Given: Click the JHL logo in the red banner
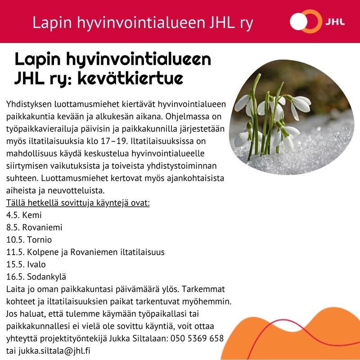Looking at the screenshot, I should (x=318, y=22).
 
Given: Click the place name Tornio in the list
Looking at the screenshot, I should (x=39, y=239).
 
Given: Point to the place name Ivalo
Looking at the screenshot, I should (x=36, y=264).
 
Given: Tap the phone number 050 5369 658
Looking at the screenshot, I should (x=197, y=338).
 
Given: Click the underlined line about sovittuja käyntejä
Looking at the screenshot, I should (x=77, y=202).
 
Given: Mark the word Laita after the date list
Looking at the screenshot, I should (x=16, y=288).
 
